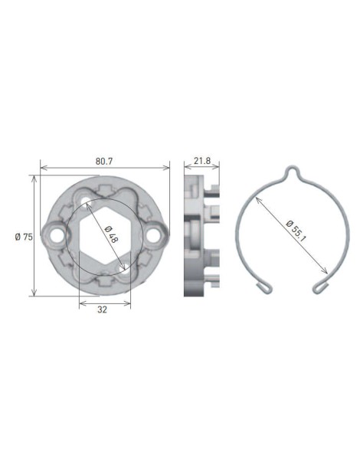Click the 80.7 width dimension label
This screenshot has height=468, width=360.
coord(105,162)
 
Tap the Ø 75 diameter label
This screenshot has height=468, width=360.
coord(23,237)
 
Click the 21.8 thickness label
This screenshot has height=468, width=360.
coord(203,162)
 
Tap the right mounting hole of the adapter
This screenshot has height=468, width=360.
coord(156,235)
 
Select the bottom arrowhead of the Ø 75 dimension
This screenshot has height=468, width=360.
coord(34,294)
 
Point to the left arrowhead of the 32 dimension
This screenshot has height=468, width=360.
coord(82,303)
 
